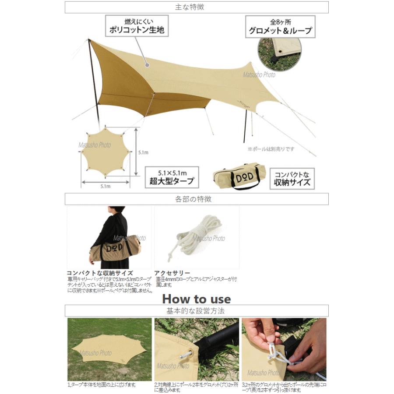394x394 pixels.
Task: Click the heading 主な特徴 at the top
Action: tap(197, 7)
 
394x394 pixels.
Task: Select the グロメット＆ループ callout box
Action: tap(280, 27)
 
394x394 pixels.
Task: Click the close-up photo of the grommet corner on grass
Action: tap(279, 50)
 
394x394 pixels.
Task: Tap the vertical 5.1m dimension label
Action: tap(143, 153)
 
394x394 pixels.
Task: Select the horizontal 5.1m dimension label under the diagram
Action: tap(105, 186)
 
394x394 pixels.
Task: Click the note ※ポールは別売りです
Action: tap(271, 149)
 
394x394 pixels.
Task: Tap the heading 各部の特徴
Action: tap(197, 199)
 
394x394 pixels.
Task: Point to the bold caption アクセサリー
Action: tap(171, 272)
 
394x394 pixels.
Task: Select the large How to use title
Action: tap(196, 299)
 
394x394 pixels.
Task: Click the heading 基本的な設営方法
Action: tap(197, 311)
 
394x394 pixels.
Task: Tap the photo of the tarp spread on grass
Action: tap(108, 349)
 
